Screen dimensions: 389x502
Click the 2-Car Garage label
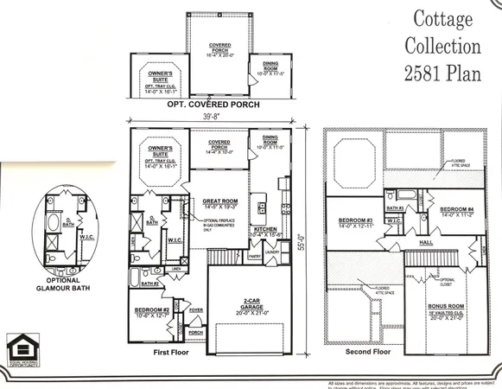pyautogui.click(x=253, y=303)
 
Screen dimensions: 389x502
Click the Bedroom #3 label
pyautogui.click(x=355, y=220)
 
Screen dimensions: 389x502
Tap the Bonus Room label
pyautogui.click(x=448, y=307)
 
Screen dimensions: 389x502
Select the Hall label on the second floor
pyautogui.click(x=426, y=243)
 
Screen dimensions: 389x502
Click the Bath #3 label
pyautogui.click(x=395, y=208)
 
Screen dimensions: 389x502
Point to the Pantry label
pyautogui.click(x=254, y=256)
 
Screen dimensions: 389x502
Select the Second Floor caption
pyautogui.click(x=366, y=353)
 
